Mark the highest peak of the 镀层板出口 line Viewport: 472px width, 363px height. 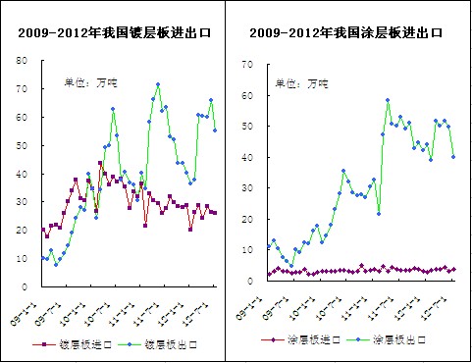click(158, 84)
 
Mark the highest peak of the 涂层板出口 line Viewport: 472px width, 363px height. click(388, 100)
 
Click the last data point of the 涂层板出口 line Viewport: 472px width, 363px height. click(453, 157)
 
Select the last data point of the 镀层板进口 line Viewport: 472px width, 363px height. click(215, 213)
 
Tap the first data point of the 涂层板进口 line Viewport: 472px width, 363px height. click(269, 275)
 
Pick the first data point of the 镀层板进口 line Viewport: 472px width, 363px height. click(43, 230)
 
